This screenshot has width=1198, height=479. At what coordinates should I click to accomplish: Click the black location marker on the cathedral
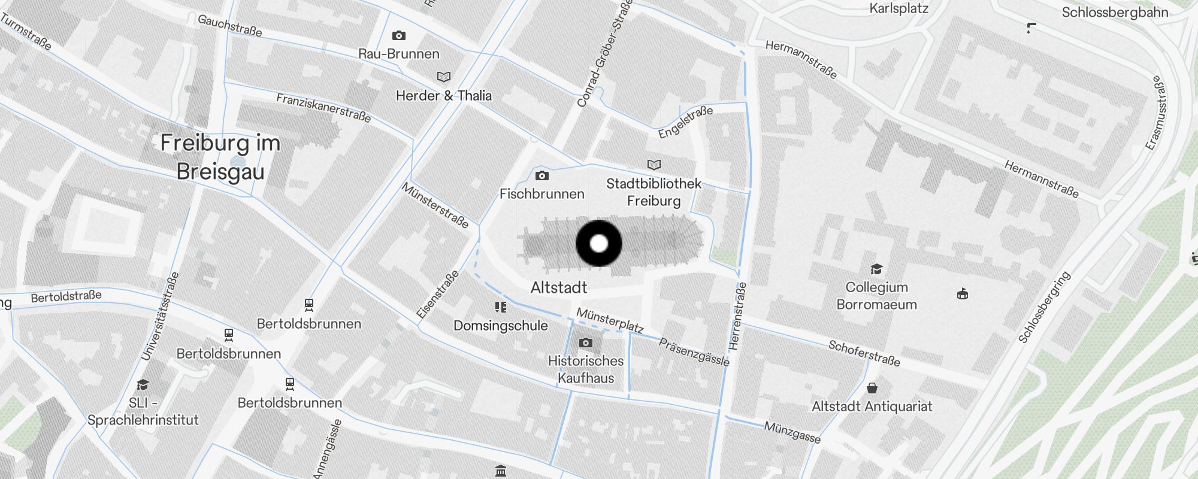599,244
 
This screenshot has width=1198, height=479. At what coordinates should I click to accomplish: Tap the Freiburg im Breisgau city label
220,157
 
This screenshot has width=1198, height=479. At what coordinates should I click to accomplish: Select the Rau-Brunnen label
399,54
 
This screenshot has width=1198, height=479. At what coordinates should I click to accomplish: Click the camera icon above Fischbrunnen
542,175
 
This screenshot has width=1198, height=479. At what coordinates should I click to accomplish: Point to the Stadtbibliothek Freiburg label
654,192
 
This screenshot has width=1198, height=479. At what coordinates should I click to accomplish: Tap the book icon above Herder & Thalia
444,77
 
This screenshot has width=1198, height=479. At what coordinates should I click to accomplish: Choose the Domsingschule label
501,326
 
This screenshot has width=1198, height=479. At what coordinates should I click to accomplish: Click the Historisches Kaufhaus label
586,369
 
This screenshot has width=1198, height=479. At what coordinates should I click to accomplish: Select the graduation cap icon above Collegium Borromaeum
876,269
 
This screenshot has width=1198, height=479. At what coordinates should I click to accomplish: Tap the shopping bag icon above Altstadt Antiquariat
872,388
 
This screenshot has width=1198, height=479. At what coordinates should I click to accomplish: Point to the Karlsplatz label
898,8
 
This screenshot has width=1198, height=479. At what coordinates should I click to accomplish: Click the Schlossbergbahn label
1115,13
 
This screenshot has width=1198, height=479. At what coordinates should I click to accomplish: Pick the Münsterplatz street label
610,320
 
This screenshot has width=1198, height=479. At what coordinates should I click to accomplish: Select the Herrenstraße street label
738,316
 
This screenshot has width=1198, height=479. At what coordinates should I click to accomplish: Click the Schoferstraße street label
864,353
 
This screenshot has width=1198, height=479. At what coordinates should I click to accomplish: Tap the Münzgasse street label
792,432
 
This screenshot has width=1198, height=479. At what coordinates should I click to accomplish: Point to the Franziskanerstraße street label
323,108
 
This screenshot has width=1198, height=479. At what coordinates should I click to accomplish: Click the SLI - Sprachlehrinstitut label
143,411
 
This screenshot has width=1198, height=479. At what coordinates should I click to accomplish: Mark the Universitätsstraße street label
160,317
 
